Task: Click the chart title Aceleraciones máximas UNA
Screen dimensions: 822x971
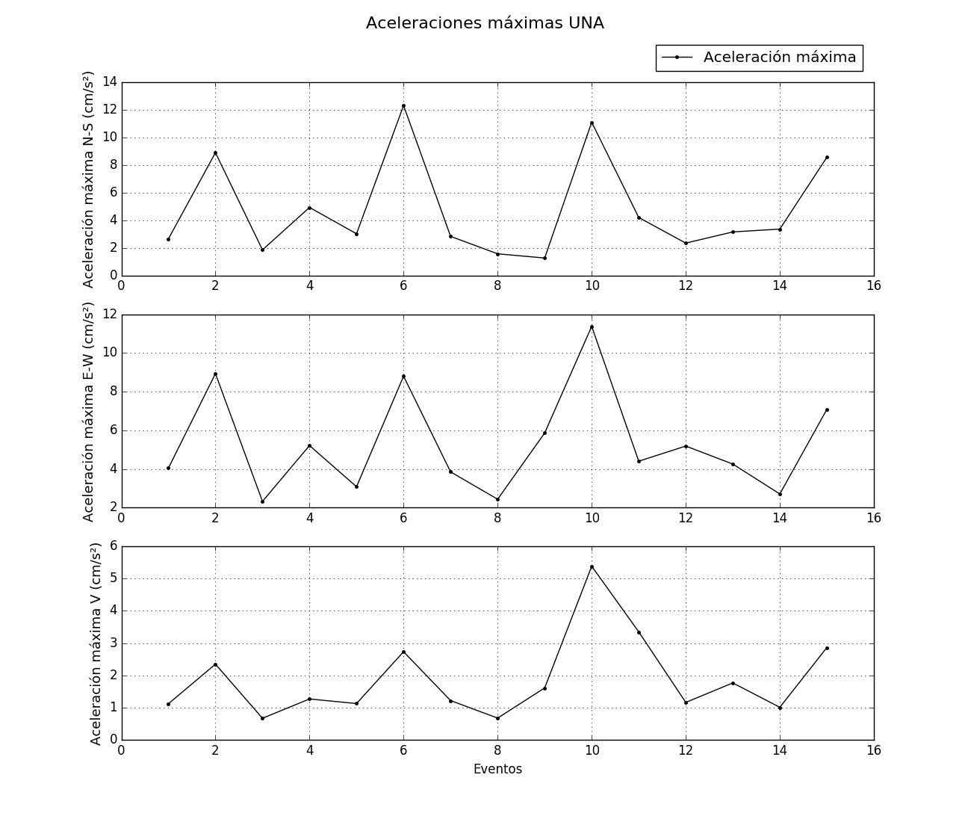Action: (485, 23)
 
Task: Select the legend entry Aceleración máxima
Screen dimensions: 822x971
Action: (779, 58)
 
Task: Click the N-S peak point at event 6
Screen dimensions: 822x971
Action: (403, 106)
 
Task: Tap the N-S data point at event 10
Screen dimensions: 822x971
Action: (592, 123)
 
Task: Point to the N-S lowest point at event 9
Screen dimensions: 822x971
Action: (545, 258)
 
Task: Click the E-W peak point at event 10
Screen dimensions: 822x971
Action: (592, 327)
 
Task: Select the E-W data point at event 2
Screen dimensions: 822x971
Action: (215, 374)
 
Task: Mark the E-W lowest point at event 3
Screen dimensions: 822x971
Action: (262, 501)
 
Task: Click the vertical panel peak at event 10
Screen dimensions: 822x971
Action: (592, 566)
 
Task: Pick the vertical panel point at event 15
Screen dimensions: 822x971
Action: (827, 648)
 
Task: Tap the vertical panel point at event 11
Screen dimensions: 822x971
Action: (639, 632)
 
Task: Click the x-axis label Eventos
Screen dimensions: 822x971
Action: (497, 769)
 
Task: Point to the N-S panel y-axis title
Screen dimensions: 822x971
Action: (89, 179)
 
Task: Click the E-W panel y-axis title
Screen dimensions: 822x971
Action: (89, 412)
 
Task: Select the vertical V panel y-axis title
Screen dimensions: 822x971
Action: (96, 643)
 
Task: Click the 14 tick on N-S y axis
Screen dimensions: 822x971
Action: (109, 82)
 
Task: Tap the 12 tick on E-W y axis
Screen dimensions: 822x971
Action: (109, 315)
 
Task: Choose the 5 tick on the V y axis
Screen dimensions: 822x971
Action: (114, 578)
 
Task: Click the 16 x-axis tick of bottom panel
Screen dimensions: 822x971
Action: (874, 750)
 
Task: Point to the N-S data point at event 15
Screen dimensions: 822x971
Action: (827, 157)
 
